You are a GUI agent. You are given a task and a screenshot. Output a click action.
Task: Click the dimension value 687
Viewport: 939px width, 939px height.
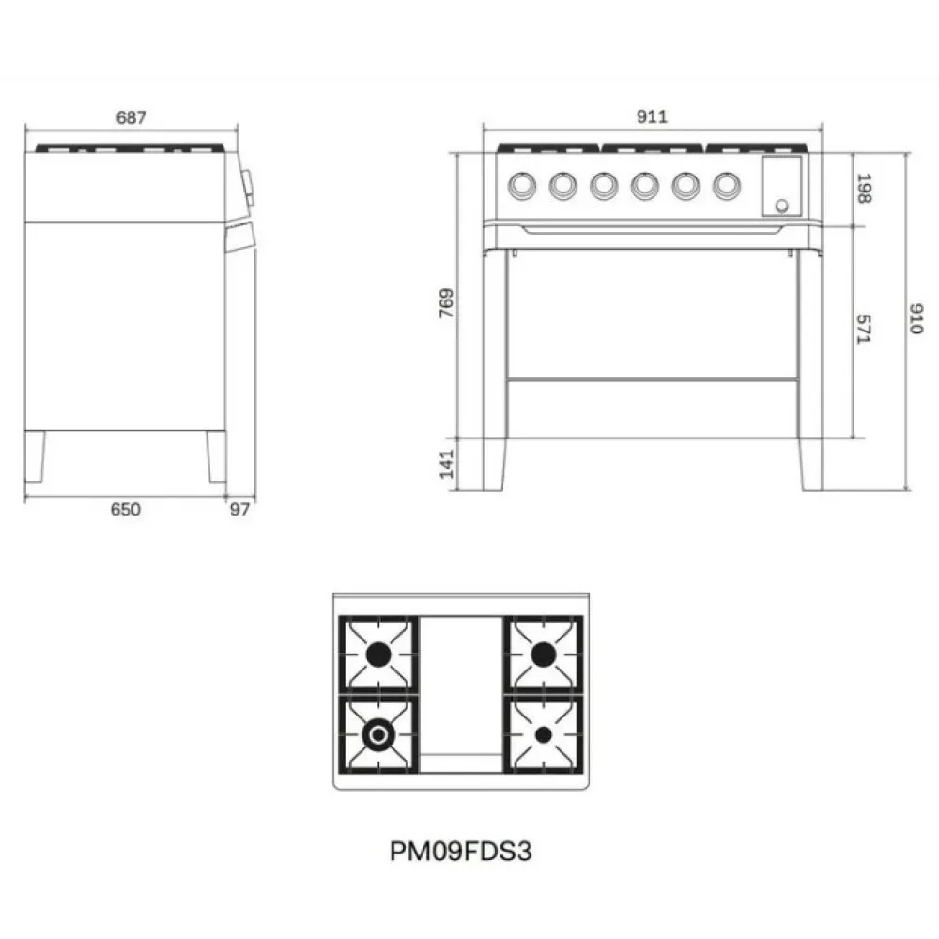pyautogui.click(x=131, y=117)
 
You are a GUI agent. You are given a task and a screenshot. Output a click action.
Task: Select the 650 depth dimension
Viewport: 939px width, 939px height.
pyautogui.click(x=126, y=509)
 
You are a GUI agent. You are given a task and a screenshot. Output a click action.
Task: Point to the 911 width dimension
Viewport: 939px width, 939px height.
pyautogui.click(x=652, y=117)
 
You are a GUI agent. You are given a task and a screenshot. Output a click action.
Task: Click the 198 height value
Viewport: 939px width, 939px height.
pyautogui.click(x=864, y=188)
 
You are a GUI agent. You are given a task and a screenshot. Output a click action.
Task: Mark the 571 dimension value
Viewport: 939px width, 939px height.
pyautogui.click(x=864, y=329)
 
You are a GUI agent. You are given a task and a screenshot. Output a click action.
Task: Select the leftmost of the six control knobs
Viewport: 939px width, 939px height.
pyautogui.click(x=519, y=186)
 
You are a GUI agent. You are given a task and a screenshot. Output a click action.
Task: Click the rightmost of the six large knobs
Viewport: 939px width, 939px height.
pyautogui.click(x=725, y=186)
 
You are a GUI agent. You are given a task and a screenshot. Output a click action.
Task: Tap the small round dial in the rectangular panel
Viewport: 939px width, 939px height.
pyautogui.click(x=780, y=207)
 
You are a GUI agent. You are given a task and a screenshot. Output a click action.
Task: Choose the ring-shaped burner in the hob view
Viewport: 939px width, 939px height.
pyautogui.click(x=378, y=734)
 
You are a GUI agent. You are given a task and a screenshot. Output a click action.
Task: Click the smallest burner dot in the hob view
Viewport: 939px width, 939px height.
pyautogui.click(x=544, y=734)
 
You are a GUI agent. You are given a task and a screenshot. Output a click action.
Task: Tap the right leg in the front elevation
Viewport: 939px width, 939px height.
pyautogui.click(x=810, y=464)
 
